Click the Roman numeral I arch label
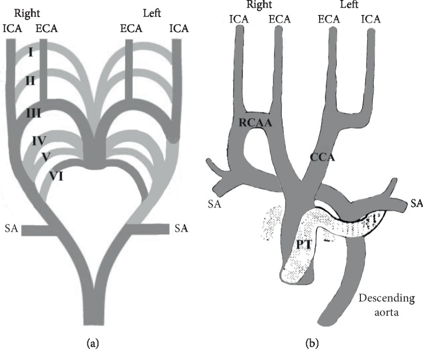(31, 52)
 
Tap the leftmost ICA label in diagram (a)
(12, 28)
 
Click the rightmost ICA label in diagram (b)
(371, 19)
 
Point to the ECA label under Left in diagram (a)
(131, 28)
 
